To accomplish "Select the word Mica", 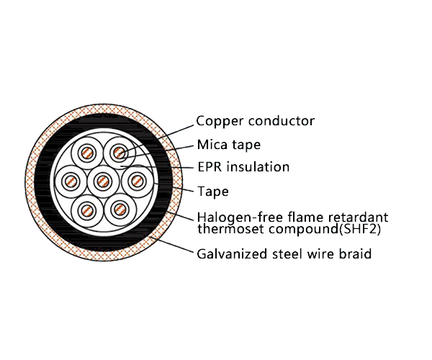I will click(212, 145).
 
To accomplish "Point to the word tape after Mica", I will click(246, 145).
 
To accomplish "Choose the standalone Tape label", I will click(213, 192).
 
